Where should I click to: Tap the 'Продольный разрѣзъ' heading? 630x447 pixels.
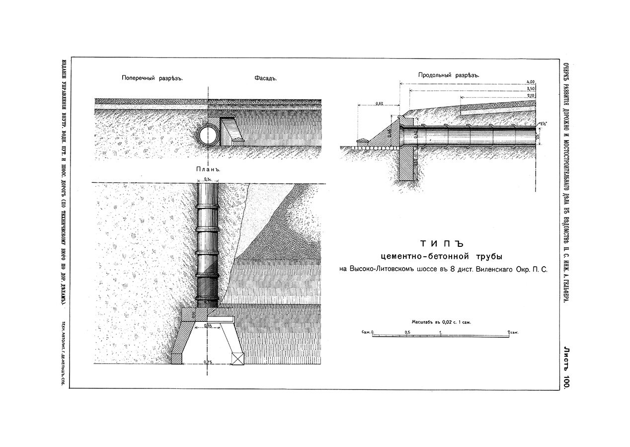(x=448, y=75)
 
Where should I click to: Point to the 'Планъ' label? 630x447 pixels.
(x=208, y=169)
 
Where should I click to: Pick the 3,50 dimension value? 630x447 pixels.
(x=530, y=88)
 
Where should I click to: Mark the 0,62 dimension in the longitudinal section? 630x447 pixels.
(x=380, y=103)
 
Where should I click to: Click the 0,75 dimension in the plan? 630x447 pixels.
(x=208, y=362)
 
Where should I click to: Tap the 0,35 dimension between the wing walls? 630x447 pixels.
(x=208, y=325)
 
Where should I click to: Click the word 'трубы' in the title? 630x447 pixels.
(x=485, y=257)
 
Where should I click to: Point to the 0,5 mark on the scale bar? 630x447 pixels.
(x=407, y=331)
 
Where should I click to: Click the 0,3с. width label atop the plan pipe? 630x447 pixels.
(x=208, y=179)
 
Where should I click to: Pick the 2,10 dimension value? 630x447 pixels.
(x=530, y=94)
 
